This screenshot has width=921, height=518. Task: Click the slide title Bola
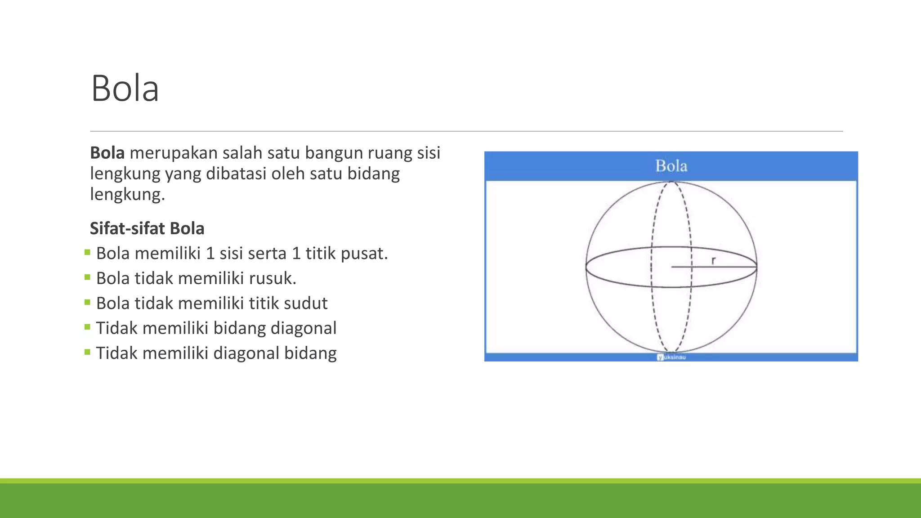pyautogui.click(x=125, y=88)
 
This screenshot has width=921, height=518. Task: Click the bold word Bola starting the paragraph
pyautogui.click(x=107, y=153)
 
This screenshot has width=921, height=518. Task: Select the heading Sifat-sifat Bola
pyautogui.click(x=147, y=228)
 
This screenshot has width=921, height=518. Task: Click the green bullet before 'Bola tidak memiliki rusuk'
pyautogui.click(x=87, y=277)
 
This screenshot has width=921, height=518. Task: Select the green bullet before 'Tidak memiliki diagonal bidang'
pyautogui.click(x=87, y=352)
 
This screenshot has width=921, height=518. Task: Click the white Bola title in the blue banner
pyautogui.click(x=671, y=166)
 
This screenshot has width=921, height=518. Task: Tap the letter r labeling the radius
pyautogui.click(x=713, y=260)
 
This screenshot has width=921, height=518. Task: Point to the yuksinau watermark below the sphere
pyautogui.click(x=671, y=357)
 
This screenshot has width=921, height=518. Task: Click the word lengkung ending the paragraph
pyautogui.click(x=127, y=194)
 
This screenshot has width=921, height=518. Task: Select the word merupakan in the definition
pyautogui.click(x=173, y=153)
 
